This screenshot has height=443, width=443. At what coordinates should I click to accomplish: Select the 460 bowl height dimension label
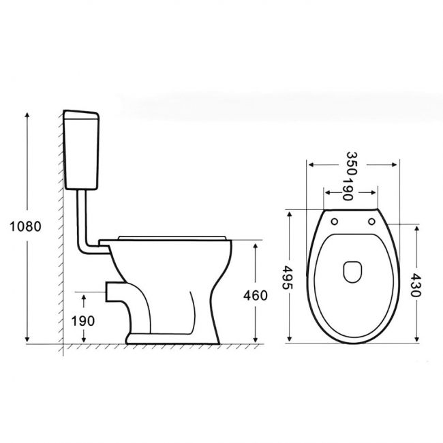coord(254,295)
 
